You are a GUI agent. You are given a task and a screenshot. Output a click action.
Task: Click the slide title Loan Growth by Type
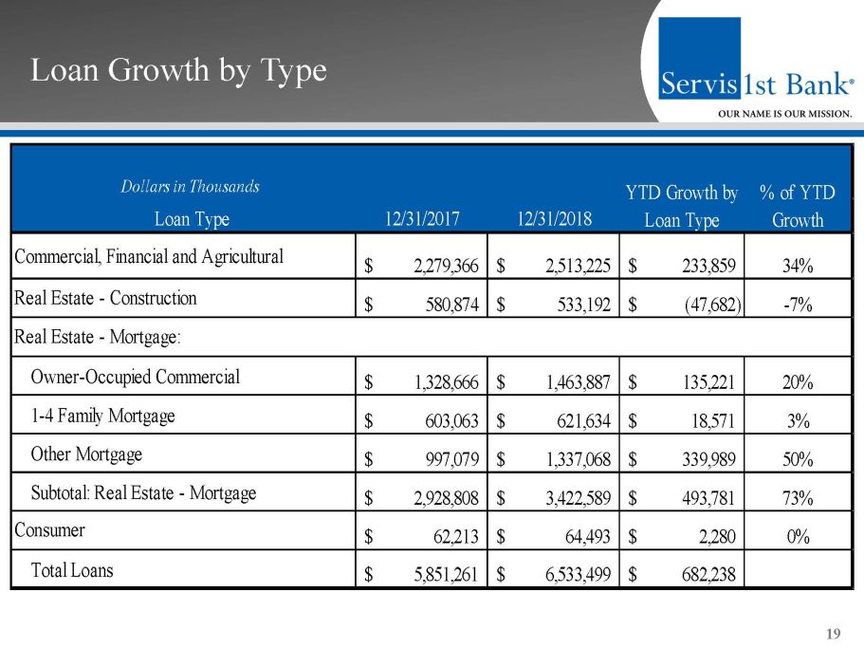click(x=178, y=70)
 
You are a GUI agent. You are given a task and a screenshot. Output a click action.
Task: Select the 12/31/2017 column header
click(x=422, y=219)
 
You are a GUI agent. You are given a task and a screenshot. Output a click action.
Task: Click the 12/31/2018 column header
click(x=554, y=219)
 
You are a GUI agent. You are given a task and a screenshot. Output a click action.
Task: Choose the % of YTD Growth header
click(x=797, y=206)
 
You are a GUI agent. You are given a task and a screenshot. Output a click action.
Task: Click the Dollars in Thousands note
click(x=190, y=187)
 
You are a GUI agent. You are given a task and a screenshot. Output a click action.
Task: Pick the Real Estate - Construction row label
click(x=105, y=298)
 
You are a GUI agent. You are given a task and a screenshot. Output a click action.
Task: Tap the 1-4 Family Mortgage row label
click(x=102, y=416)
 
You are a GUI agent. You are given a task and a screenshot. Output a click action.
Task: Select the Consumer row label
click(x=49, y=529)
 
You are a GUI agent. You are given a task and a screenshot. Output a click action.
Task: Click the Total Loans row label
click(x=72, y=570)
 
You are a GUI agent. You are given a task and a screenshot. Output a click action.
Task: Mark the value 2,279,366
click(x=445, y=266)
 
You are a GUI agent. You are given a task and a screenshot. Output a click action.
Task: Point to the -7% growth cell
click(x=798, y=305)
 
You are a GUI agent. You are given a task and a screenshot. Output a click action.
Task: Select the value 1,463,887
click(x=577, y=382)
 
